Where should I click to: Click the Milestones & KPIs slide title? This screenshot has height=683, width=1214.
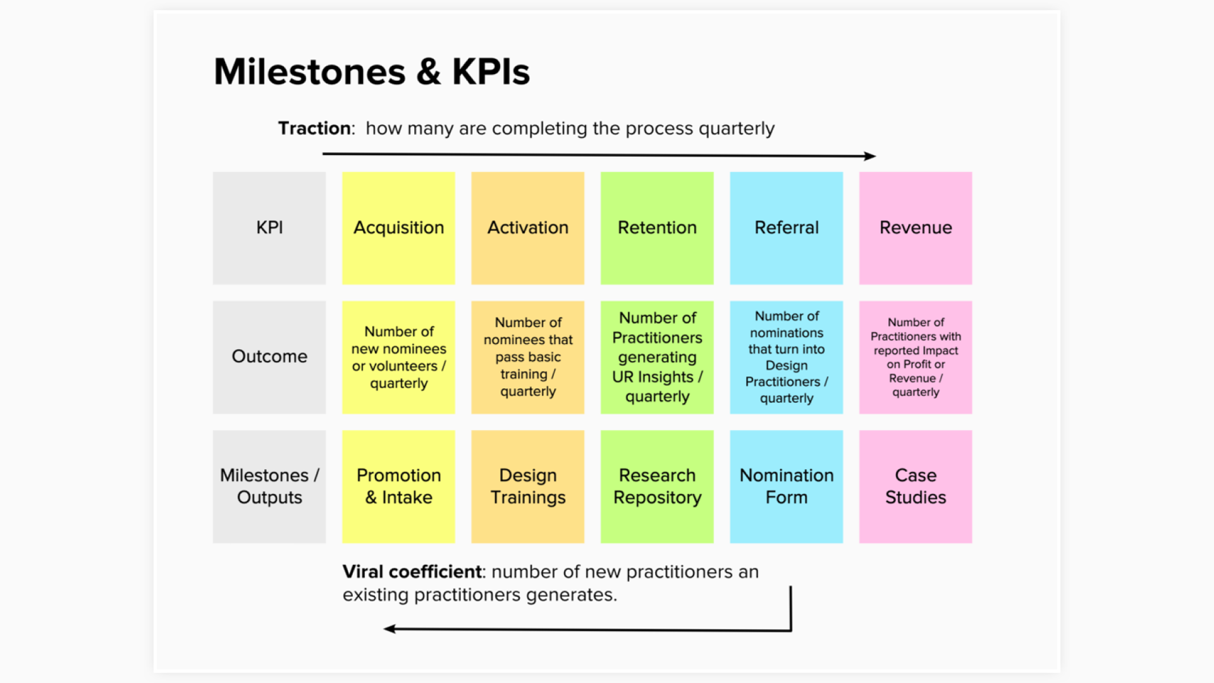pyautogui.click(x=372, y=71)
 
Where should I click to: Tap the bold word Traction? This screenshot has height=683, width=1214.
pyautogui.click(x=315, y=128)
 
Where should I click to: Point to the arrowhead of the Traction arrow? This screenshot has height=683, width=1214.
pyautogui.click(x=871, y=156)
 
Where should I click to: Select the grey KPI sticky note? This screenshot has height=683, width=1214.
pyautogui.click(x=269, y=228)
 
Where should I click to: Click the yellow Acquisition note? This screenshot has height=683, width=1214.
pyautogui.click(x=398, y=228)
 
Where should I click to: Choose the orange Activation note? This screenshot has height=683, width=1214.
pyautogui.click(x=528, y=228)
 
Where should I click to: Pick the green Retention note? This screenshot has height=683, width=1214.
pyautogui.click(x=657, y=228)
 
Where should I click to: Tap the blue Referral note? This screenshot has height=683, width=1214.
pyautogui.click(x=787, y=228)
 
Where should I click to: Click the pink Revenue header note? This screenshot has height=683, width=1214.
pyautogui.click(x=916, y=228)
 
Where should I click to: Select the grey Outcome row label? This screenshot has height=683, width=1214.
pyautogui.click(x=269, y=357)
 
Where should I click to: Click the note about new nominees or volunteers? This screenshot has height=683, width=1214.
pyautogui.click(x=398, y=357)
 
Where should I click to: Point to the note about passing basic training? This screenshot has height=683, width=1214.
pyautogui.click(x=528, y=357)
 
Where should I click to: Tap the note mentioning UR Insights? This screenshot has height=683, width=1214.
pyautogui.click(x=657, y=357)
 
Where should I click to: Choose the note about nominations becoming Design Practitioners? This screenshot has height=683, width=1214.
pyautogui.click(x=787, y=357)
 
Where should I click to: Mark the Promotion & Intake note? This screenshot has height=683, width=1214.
pyautogui.click(x=398, y=486)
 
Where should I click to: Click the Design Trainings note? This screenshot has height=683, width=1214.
pyautogui.click(x=528, y=486)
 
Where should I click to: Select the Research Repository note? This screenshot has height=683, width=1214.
pyautogui.click(x=657, y=486)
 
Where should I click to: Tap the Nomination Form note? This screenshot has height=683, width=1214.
pyautogui.click(x=787, y=486)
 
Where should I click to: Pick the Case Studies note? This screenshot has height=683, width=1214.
pyautogui.click(x=916, y=486)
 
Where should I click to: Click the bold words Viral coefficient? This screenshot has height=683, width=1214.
pyautogui.click(x=412, y=572)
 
